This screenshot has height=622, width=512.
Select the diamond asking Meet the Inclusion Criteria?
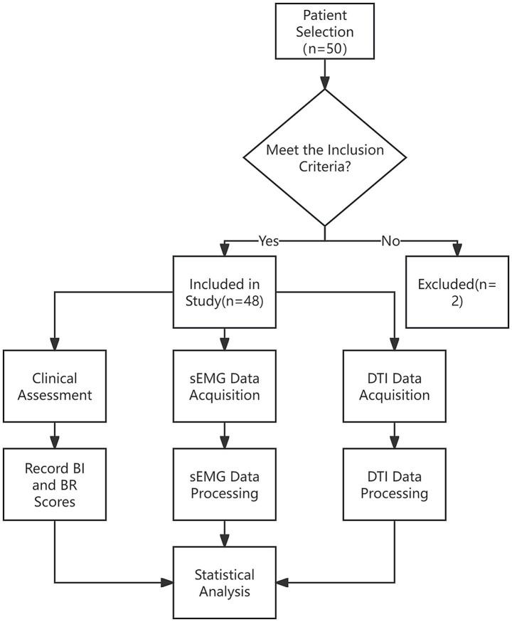(325, 159)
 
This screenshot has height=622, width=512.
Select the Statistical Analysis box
(225, 581)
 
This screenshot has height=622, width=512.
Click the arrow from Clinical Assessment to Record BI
(54, 432)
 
